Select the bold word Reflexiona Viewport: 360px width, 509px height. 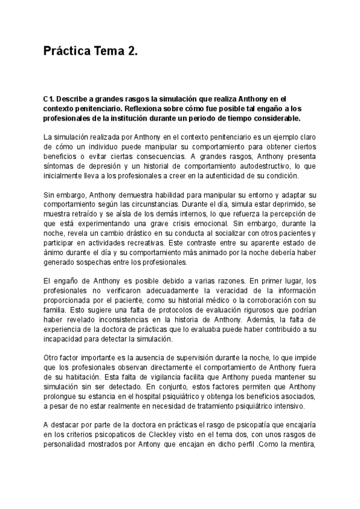coord(198,108)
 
